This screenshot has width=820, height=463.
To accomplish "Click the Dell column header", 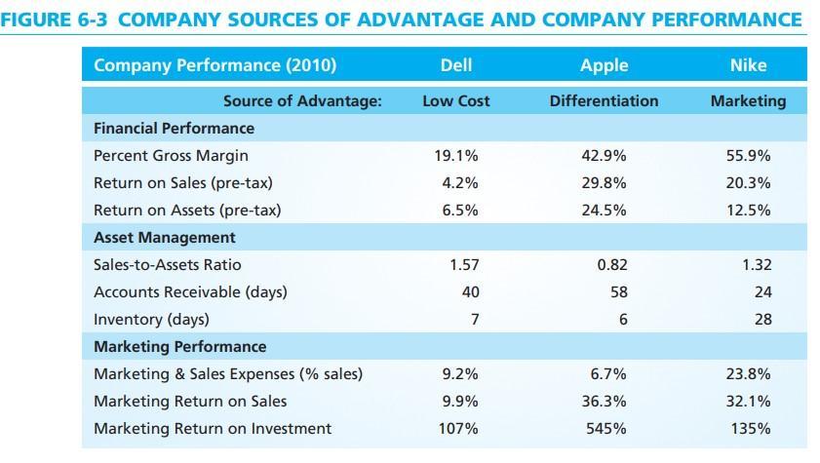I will (x=456, y=65).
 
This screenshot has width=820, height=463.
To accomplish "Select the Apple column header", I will (x=604, y=65).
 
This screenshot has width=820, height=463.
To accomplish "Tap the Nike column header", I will (x=748, y=65).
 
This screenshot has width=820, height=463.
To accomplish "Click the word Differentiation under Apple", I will (x=604, y=101).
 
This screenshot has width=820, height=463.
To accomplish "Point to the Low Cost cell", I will (x=456, y=101).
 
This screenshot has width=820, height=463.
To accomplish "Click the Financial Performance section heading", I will (x=174, y=128).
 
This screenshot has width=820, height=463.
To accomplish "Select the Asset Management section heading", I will (x=164, y=237).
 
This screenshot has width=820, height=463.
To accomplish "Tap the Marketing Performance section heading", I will (x=179, y=346).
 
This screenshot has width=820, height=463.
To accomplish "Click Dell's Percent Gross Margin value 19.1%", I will (x=456, y=155).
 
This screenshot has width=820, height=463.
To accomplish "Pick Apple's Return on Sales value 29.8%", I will (x=604, y=182).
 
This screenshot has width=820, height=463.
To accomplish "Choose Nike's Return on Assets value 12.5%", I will (x=749, y=210).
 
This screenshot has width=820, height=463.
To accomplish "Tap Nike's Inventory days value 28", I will (x=761, y=319).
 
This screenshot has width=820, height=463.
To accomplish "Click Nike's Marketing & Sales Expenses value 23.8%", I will (x=749, y=373).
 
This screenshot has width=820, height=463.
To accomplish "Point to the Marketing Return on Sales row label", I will (x=190, y=401).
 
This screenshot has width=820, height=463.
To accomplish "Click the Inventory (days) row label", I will (x=151, y=319).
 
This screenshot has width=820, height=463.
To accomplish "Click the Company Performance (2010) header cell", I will (x=215, y=65).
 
